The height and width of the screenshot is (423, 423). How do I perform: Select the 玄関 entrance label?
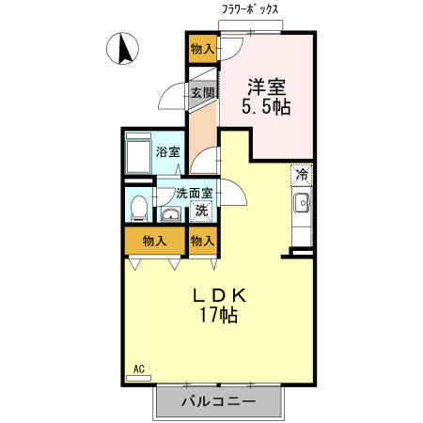tap(203, 92)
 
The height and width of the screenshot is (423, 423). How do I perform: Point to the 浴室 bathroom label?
tap(167, 151)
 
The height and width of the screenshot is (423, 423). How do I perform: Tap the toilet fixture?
tap(138, 205)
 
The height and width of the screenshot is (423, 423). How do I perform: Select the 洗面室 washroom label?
tap(194, 193)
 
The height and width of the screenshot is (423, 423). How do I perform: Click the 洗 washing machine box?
tap(201, 211)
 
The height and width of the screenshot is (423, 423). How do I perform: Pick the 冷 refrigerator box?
tap(302, 174)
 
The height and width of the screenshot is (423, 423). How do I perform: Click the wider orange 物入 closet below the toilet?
tap(154, 241)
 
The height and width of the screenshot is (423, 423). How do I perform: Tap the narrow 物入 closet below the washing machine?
tap(202, 241)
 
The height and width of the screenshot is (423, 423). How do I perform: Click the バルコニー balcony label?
tap(217, 401)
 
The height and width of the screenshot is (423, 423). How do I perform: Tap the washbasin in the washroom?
tap(171, 212)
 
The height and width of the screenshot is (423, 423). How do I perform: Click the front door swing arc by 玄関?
tap(175, 95)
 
